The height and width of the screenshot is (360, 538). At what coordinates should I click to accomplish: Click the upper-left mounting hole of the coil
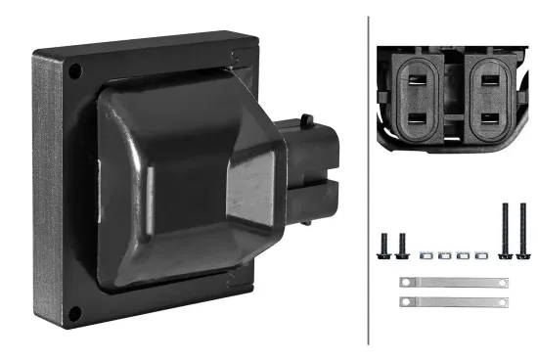click(x=73, y=70)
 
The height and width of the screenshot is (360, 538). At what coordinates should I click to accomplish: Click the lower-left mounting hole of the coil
click(x=74, y=313)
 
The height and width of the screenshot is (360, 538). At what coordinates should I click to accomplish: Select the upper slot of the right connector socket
click(x=488, y=81)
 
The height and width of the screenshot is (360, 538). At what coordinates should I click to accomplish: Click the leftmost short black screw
click(x=384, y=246)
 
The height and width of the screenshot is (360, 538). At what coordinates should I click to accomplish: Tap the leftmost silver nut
click(x=426, y=256)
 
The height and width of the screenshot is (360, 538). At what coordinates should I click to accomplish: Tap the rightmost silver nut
click(x=478, y=256)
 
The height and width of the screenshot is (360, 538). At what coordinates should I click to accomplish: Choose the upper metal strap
click(x=454, y=283)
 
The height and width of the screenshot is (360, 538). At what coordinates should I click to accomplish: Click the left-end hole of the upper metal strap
click(x=406, y=283)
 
